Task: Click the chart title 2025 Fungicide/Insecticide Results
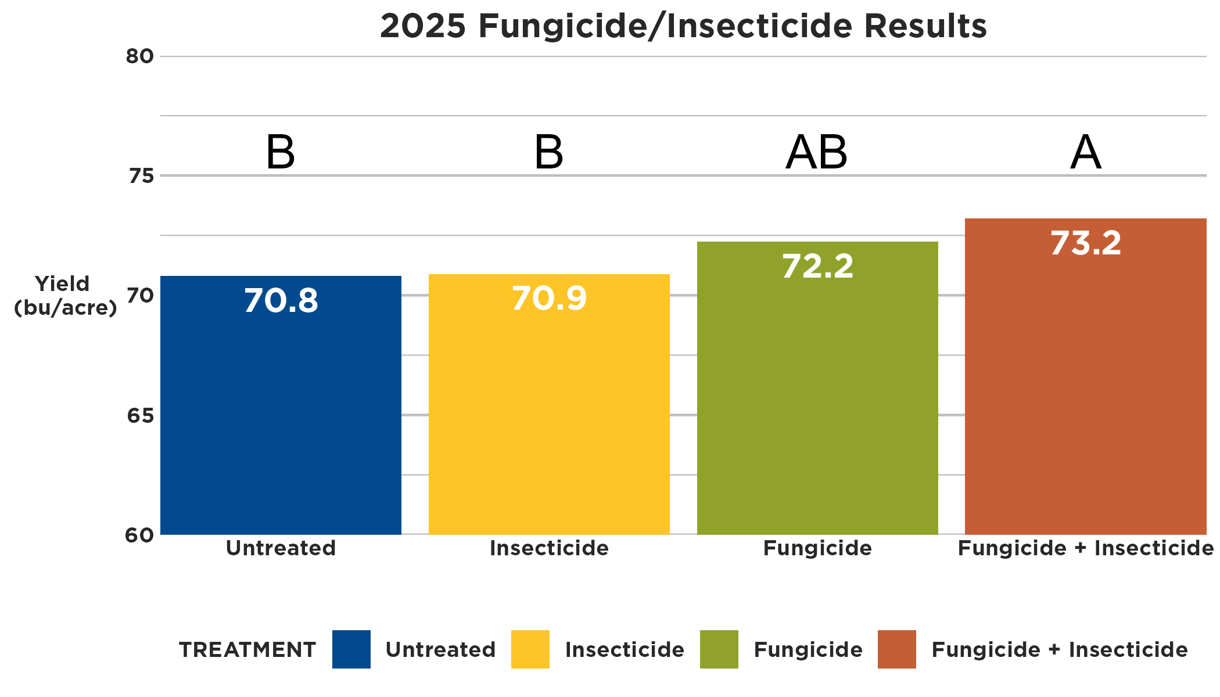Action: pos(683,26)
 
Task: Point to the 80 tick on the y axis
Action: pos(139,56)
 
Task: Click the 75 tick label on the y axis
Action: pos(141,175)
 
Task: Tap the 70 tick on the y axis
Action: pos(140,296)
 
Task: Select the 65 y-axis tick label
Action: pos(140,415)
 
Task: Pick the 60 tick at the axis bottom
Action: pos(139,535)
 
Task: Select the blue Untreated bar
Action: pos(281,418)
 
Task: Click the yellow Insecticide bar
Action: pos(549,418)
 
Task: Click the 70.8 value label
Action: pos(281,301)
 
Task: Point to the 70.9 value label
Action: pos(549,299)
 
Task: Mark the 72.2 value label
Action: pos(817,267)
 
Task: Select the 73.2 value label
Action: pos(1085,243)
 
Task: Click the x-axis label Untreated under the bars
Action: pos(281,548)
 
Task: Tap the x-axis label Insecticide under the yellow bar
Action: pos(549,548)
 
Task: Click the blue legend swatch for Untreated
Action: pos(351,649)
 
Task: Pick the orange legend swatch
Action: pos(896,649)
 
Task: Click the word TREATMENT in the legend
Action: pos(247,649)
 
